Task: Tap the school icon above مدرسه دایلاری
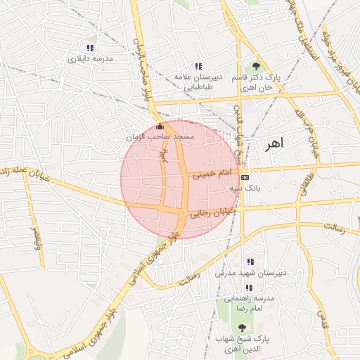pos(90,48)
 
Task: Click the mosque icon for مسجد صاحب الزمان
pos(158,127)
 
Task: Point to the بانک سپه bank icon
pos(244,177)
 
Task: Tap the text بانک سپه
pos(245,188)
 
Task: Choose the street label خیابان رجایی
pos(211,209)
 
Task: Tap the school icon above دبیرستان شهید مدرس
pos(250,262)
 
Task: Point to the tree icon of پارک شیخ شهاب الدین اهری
pos(242,328)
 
